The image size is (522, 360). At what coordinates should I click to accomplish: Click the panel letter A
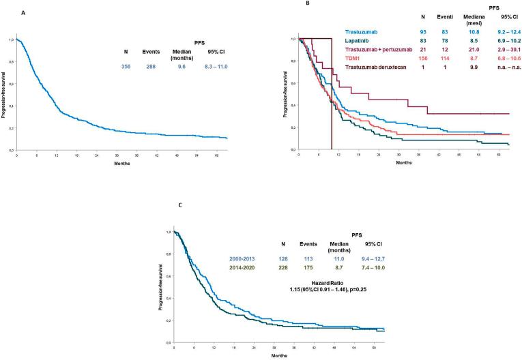pos(25,12)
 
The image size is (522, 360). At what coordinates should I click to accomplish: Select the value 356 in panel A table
pos(126,67)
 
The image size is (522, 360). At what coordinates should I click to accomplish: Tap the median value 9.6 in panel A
pos(181,67)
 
